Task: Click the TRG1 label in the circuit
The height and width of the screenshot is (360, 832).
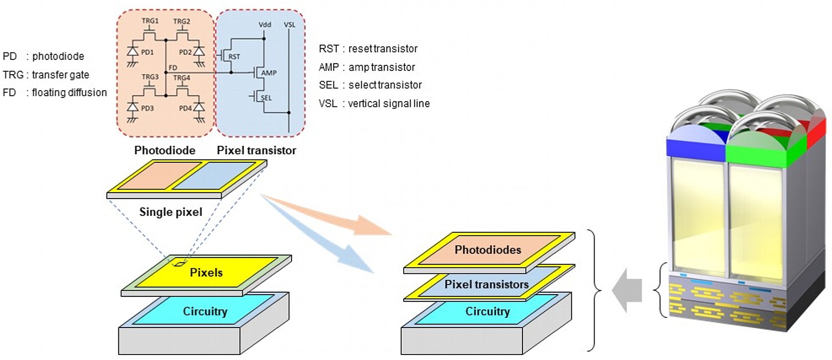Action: (150, 21)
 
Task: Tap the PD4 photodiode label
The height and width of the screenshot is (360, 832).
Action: (185, 108)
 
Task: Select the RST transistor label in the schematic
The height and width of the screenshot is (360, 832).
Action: (234, 57)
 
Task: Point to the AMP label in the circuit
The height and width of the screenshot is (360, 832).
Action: (269, 73)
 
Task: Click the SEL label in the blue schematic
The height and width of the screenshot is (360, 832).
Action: (266, 98)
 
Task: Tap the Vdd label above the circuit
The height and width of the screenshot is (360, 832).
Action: (265, 25)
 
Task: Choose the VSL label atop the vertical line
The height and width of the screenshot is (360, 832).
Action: (290, 25)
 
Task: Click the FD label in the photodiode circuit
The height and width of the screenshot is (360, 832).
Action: (173, 67)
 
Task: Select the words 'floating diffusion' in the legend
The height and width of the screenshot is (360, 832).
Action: (69, 92)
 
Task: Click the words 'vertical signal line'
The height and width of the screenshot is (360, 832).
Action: (389, 103)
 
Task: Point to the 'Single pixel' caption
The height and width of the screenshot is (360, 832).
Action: (171, 212)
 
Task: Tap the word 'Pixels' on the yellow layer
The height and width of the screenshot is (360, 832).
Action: (206, 273)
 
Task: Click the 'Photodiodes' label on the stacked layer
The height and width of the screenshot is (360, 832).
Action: (488, 250)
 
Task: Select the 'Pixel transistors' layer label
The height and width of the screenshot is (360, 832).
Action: (487, 284)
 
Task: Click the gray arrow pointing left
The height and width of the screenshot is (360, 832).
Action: (627, 290)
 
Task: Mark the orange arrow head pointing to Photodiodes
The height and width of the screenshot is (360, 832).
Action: (372, 226)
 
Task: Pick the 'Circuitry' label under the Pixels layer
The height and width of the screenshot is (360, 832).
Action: (205, 311)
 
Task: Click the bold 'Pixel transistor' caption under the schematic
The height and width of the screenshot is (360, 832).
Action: (256, 150)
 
